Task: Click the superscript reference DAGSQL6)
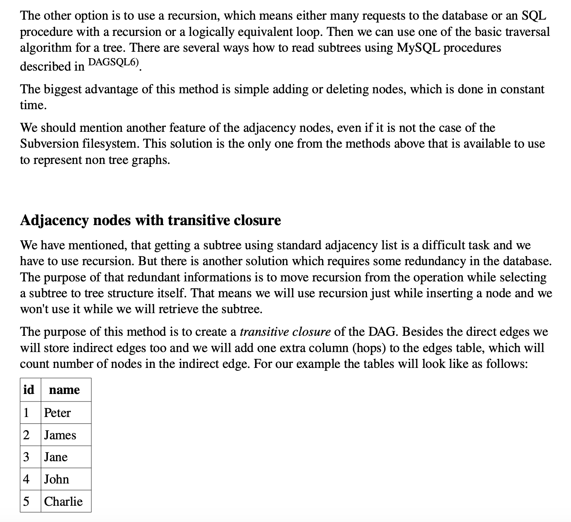coord(113,62)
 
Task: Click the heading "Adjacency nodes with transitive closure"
coord(150,220)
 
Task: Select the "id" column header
coord(29,389)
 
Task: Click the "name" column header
coord(64,389)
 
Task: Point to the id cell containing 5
coord(26,501)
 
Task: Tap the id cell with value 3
coord(26,457)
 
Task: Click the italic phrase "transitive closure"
coord(285,332)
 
